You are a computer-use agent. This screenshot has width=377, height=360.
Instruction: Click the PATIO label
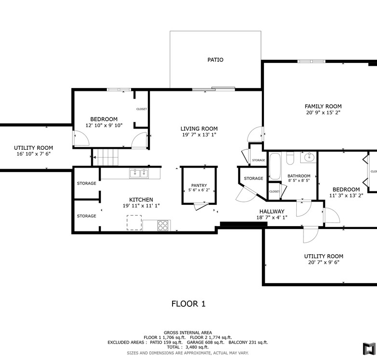click(216, 59)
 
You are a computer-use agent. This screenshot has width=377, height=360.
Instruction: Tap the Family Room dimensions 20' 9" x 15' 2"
click(323, 113)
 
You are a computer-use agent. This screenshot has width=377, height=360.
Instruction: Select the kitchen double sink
click(139, 173)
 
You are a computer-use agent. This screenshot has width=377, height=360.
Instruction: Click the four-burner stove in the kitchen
click(163, 225)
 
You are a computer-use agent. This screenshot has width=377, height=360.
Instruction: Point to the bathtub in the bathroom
click(275, 166)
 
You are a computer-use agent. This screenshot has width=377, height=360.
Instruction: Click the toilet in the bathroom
click(290, 158)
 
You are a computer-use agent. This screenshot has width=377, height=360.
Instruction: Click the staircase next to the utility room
click(105, 157)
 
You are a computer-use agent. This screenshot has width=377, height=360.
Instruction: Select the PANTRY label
click(199, 185)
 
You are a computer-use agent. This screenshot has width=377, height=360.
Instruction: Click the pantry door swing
click(201, 206)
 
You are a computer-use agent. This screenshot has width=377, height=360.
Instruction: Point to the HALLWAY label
click(272, 212)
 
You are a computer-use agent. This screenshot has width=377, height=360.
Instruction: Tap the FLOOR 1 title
click(188, 304)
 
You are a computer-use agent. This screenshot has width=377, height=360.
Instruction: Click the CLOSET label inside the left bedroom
click(142, 109)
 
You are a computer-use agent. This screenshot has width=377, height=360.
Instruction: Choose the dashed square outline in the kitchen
click(134, 223)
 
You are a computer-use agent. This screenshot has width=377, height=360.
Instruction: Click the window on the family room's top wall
click(311, 61)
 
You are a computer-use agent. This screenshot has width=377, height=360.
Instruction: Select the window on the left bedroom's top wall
click(119, 90)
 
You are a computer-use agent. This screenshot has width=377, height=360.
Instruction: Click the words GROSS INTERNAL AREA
click(188, 332)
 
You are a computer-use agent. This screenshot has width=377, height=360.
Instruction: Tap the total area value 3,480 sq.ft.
click(197, 347)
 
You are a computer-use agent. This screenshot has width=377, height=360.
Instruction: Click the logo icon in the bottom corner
click(369, 349)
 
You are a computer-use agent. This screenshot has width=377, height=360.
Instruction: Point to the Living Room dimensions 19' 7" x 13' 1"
click(199, 135)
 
